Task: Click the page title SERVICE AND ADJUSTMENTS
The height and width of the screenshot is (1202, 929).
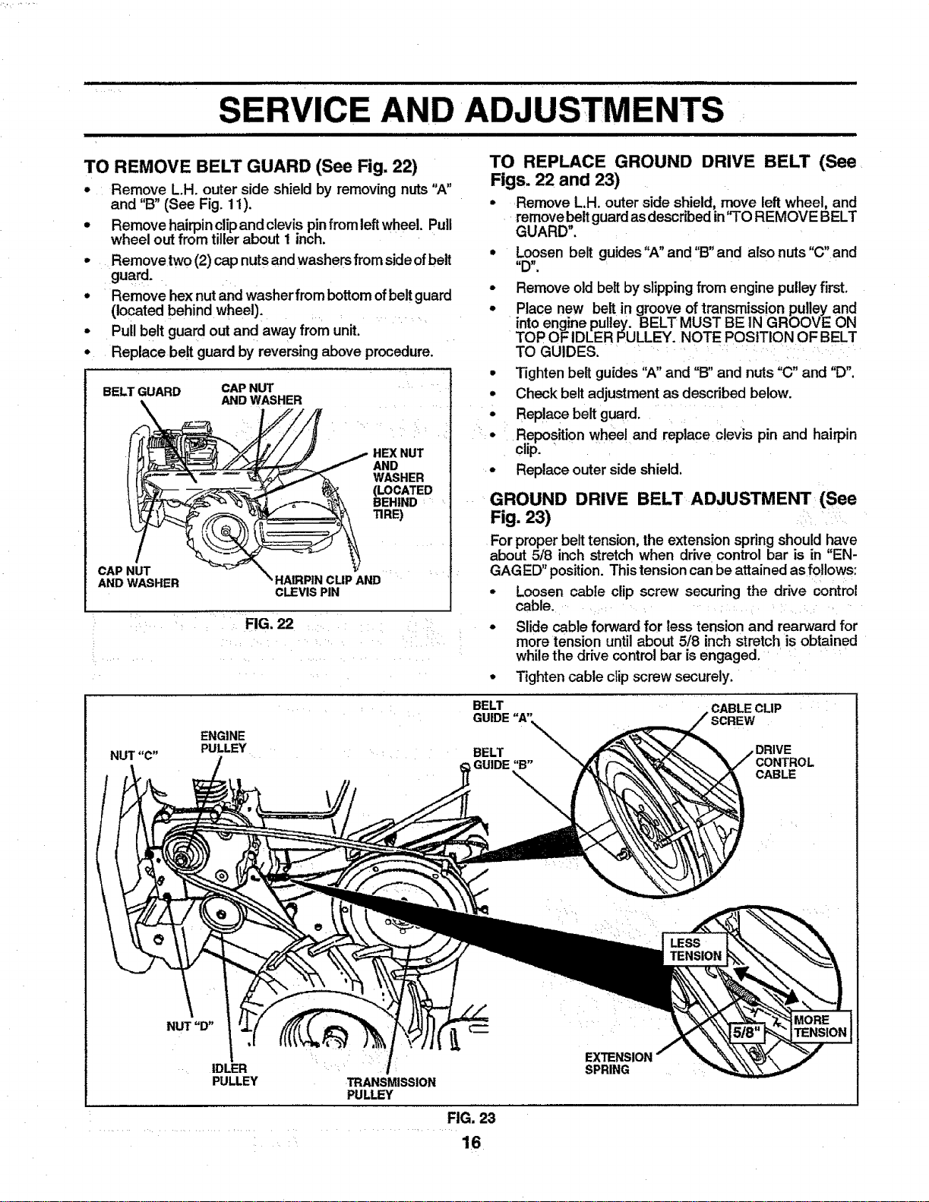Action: click(x=471, y=109)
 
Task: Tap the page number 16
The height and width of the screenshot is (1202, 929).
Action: click(x=472, y=1142)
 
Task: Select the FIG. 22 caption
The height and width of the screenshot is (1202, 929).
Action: click(x=269, y=624)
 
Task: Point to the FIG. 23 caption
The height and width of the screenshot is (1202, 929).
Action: click(x=472, y=1118)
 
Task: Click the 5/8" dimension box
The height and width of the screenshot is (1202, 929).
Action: click(x=747, y=1033)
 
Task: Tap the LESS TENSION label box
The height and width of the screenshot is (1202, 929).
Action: click(x=695, y=949)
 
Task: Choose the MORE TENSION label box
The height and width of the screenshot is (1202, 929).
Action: click(x=820, y=1026)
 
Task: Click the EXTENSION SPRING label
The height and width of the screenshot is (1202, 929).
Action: click(x=618, y=1063)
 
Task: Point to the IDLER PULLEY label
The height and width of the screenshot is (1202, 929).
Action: click(x=235, y=1074)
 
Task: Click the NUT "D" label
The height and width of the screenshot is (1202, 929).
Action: click(x=191, y=1027)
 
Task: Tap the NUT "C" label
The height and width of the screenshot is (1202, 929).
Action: click(x=134, y=756)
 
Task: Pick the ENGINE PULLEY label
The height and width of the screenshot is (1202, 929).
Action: click(x=223, y=742)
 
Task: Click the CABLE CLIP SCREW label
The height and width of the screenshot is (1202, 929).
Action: click(x=746, y=714)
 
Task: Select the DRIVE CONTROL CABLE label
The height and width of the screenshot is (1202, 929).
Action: click(x=785, y=762)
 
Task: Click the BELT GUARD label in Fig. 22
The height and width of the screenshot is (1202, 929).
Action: click(x=141, y=392)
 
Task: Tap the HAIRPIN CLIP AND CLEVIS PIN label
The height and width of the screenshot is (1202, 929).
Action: click(x=327, y=585)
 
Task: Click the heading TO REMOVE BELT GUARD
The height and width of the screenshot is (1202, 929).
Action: click(x=251, y=166)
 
